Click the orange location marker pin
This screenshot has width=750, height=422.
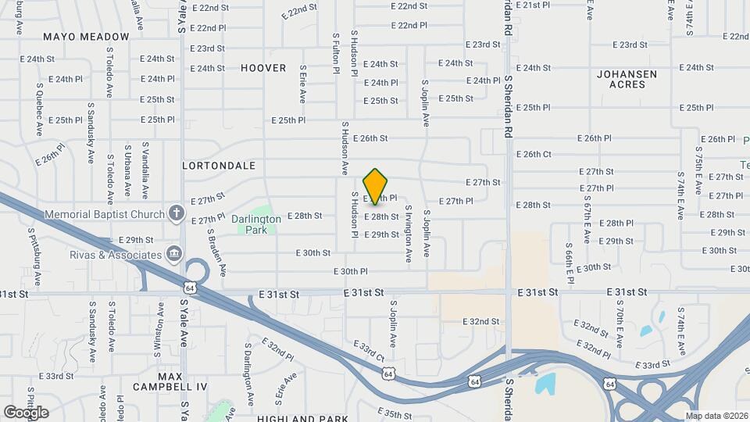click(x=376, y=186)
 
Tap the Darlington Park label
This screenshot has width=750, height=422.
click(x=256, y=224)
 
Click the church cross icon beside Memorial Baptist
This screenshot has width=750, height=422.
click(x=177, y=213)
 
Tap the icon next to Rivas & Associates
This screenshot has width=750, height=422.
click(x=174, y=254)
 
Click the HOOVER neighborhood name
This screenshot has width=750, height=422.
click(x=263, y=68)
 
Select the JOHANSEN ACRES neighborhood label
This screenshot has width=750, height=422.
click(x=627, y=79)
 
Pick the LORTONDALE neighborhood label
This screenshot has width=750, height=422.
click(x=219, y=166)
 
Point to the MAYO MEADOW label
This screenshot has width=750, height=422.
click(x=86, y=37)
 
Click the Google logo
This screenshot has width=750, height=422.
click(x=26, y=412)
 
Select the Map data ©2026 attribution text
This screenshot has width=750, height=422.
click(x=716, y=415)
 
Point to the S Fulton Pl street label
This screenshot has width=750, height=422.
click(x=336, y=53)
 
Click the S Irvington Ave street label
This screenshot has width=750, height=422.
click(x=408, y=233)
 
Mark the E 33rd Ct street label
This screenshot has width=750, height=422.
click(x=369, y=349)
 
